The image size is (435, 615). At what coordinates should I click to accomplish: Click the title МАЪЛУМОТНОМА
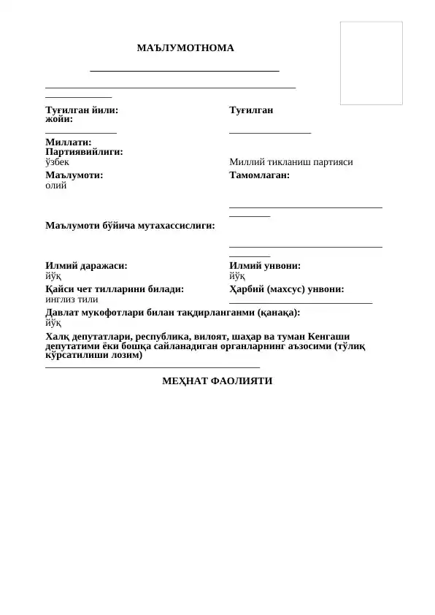click(186, 48)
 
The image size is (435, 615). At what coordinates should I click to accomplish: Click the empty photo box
click(372, 63)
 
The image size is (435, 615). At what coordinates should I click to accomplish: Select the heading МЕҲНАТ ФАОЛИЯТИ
click(217, 381)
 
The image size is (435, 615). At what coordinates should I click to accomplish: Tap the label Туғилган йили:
click(81, 110)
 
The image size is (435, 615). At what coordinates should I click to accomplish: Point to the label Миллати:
click(68, 142)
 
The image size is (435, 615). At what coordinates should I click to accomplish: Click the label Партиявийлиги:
click(84, 152)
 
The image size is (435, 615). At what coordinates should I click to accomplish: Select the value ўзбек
click(57, 162)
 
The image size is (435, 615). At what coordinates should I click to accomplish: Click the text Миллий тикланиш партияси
click(290, 162)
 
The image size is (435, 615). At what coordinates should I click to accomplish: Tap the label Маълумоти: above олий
click(74, 175)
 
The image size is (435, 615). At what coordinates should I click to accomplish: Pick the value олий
click(55, 186)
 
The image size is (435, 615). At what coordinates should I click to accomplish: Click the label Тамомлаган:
click(259, 175)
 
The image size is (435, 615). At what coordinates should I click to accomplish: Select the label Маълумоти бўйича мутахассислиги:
click(130, 226)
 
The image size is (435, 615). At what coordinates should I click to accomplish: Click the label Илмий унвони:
click(264, 267)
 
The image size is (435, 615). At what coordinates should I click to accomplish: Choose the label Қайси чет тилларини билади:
click(115, 289)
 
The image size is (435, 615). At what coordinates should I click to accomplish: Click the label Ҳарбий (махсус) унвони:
click(286, 289)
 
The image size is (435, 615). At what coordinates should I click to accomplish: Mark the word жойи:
click(59, 118)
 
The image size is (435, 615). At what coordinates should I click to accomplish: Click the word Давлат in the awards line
click(63, 312)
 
